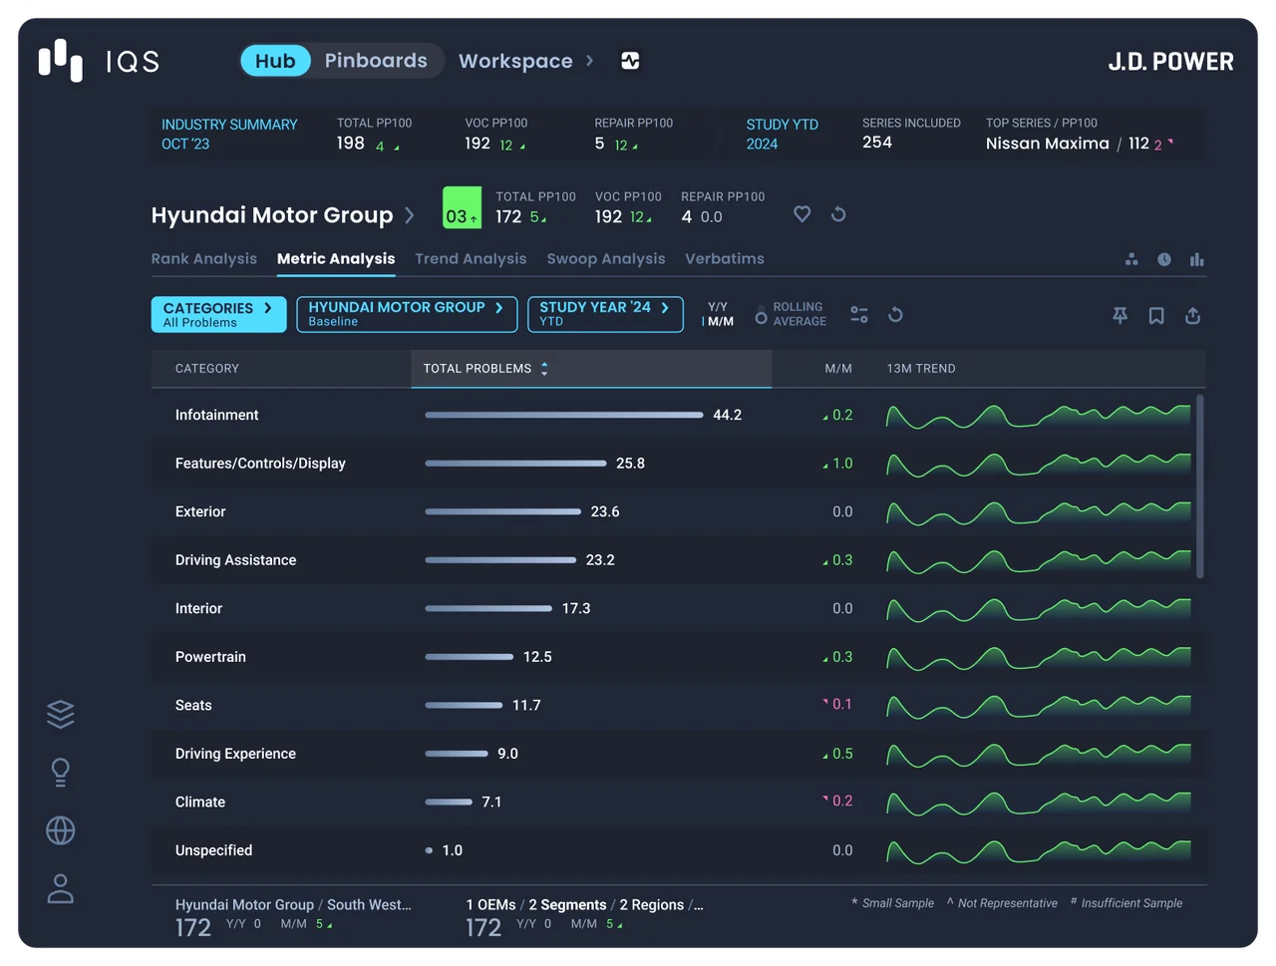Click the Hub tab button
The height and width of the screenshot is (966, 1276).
click(x=275, y=61)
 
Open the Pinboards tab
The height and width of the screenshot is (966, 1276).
click(x=376, y=61)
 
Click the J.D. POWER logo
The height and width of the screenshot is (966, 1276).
click(x=1170, y=62)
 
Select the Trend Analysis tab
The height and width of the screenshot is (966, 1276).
click(x=471, y=258)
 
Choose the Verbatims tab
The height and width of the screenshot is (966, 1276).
click(x=725, y=258)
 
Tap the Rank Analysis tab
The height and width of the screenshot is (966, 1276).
click(x=204, y=258)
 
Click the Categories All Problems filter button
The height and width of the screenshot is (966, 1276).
click(x=218, y=314)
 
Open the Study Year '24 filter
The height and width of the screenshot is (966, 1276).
click(x=605, y=314)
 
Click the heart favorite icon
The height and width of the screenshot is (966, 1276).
click(x=801, y=214)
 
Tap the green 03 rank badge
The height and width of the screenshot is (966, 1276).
click(x=462, y=207)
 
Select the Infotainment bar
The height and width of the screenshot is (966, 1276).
click(x=564, y=415)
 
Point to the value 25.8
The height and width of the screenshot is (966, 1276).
click(x=630, y=464)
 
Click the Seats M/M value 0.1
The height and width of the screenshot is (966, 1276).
click(x=841, y=705)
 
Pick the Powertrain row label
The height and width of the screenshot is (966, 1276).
click(x=210, y=657)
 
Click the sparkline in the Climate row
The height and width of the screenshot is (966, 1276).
click(x=1038, y=803)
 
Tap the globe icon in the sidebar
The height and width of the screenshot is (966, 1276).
click(x=61, y=830)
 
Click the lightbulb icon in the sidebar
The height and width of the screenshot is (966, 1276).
click(x=61, y=773)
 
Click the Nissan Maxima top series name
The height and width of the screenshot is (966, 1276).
click(x=1047, y=144)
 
